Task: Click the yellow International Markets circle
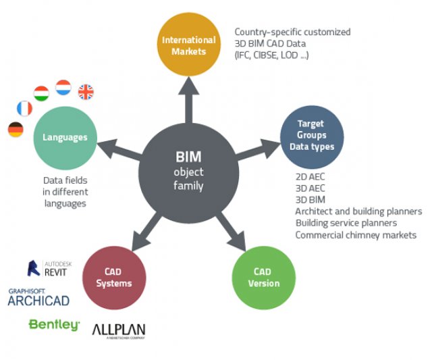coord(189,45)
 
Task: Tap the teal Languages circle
coord(65,138)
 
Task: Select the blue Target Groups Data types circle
coord(312,137)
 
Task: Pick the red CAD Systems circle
coord(114,278)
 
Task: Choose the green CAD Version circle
coord(264,278)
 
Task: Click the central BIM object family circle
coord(189,173)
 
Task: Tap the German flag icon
coord(16,130)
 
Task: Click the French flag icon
coord(24,108)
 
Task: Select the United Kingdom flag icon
coord(86,92)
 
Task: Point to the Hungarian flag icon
coord(41,93)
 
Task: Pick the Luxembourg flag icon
coord(63,87)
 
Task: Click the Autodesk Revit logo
coord(49,268)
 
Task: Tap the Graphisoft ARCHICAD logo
coord(38,297)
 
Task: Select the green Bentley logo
coord(54,325)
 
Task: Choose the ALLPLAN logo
coord(119,331)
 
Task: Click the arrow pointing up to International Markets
coord(189,99)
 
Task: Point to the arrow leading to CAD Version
coord(231,231)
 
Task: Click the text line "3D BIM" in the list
coord(310,199)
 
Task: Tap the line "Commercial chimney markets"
coord(356,235)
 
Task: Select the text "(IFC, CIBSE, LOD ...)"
coord(271,55)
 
